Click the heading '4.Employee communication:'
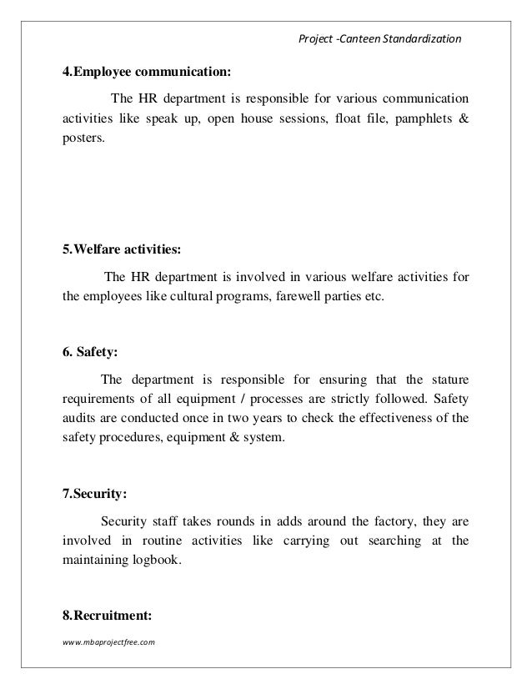click(143, 69)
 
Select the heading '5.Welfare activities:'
click(121, 249)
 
